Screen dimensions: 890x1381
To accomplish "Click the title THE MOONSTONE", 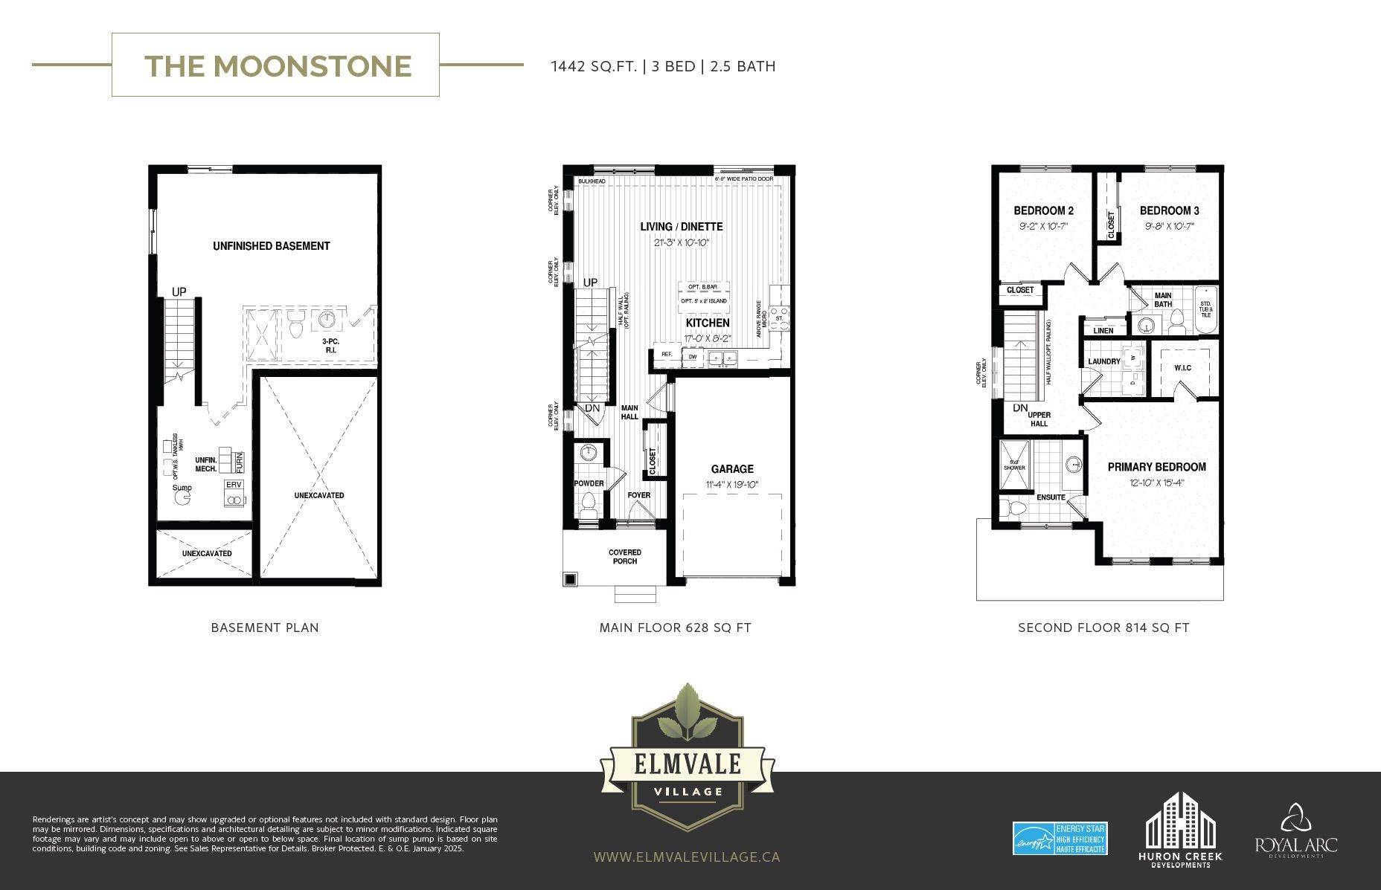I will point(278,65).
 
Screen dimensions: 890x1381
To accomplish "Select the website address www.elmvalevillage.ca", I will point(687,857).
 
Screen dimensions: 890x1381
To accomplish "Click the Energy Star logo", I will point(1060,839).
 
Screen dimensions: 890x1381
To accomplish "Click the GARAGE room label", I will point(732,469).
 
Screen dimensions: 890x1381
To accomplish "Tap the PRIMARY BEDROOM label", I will point(1156,467).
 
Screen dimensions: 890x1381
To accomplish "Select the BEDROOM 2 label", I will point(1043,211).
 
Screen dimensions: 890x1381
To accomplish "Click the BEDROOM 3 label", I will point(1169,211).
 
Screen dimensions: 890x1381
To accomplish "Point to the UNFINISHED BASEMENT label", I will point(271,246).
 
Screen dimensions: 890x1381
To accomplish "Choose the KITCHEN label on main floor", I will point(707,323).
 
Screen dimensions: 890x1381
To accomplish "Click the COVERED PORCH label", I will point(624,556).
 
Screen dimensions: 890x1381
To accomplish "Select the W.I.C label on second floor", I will point(1182,368).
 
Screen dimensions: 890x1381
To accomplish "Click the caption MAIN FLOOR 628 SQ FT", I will point(675,628).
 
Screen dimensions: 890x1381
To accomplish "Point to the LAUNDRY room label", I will point(1103,361).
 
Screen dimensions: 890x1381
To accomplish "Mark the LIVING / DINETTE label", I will point(681,227).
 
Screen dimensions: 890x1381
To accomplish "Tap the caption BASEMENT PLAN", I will point(265,628).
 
